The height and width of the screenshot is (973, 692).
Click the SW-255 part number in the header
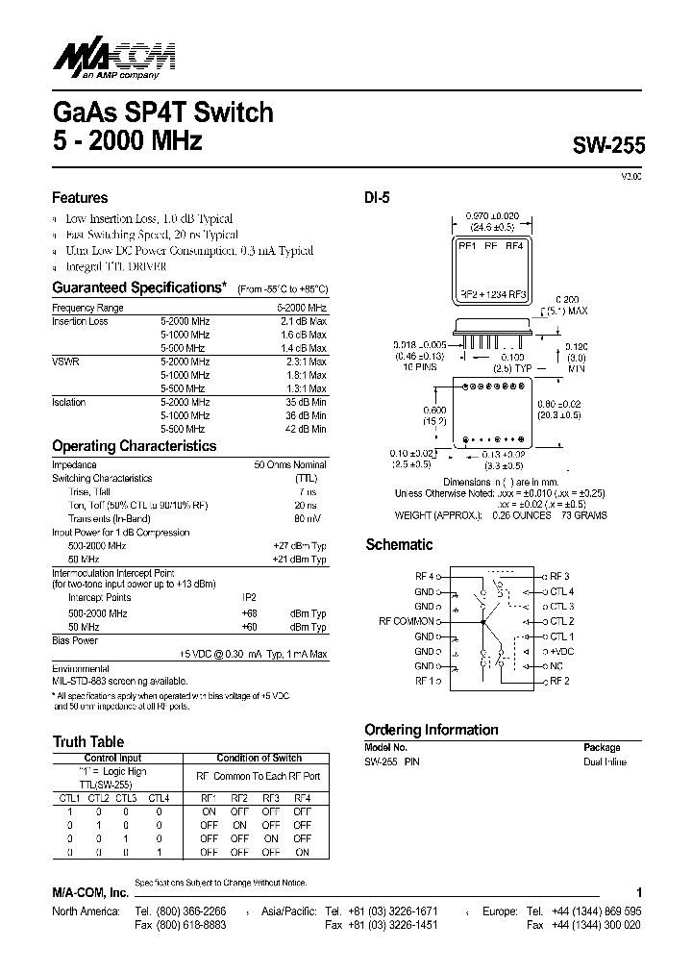609,145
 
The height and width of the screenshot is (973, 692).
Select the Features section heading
80,198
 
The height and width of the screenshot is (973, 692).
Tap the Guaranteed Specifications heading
137,287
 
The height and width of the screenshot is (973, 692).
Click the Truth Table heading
87,741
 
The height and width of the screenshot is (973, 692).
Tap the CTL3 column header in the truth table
127,797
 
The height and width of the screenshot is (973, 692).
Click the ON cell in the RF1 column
209,811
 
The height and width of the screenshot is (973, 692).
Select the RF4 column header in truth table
302,797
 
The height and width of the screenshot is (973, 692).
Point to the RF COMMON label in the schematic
408,621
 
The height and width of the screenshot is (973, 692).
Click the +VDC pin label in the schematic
563,651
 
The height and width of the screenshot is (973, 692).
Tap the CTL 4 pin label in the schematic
562,591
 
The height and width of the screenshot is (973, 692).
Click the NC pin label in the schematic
556,665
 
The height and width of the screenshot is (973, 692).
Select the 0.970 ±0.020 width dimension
491,217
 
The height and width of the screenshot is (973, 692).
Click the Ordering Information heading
431,729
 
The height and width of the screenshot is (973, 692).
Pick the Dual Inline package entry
605,761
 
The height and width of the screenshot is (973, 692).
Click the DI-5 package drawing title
376,198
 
